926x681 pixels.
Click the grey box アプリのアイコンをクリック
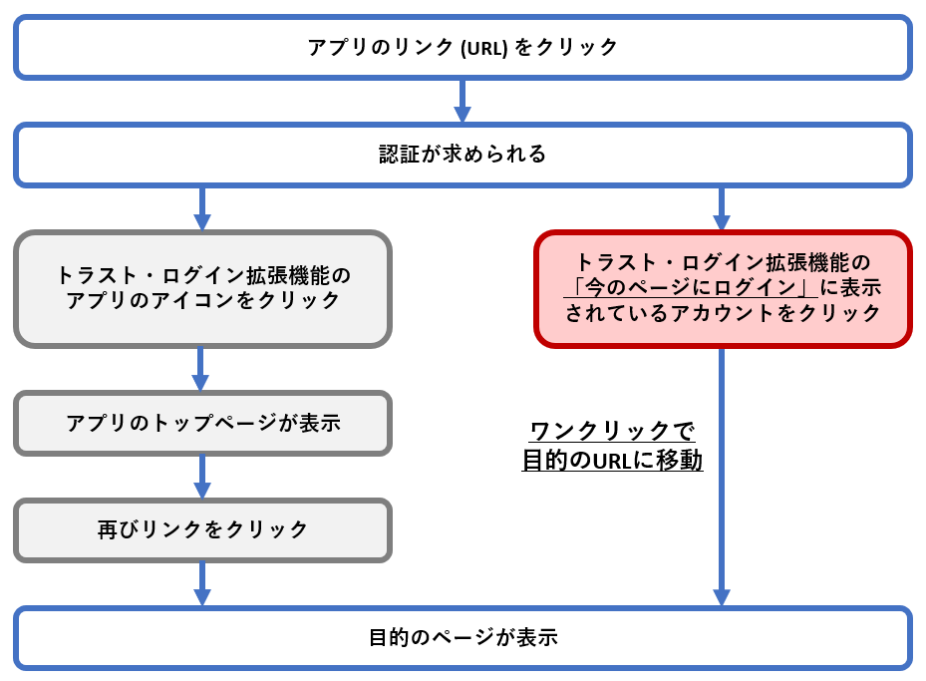(202, 288)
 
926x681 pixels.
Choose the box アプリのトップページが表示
(202, 423)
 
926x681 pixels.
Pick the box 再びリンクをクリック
(202, 529)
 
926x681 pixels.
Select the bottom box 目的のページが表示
(463, 638)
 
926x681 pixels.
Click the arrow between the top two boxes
(463, 101)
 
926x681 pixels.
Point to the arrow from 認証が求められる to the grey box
(202, 208)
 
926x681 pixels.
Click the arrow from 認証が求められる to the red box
(723, 208)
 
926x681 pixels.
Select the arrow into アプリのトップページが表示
(202, 369)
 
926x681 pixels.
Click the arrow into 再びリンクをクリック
(202, 477)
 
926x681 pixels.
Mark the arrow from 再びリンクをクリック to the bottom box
(202, 583)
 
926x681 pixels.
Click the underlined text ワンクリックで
(612, 432)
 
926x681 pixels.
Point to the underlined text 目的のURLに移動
(612, 461)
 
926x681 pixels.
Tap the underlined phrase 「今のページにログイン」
(688, 287)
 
